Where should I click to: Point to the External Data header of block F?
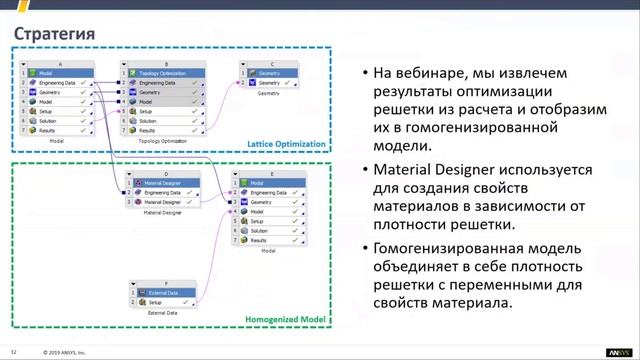click(164, 292)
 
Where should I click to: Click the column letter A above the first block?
click(60, 64)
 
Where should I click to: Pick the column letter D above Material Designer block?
click(166, 174)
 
